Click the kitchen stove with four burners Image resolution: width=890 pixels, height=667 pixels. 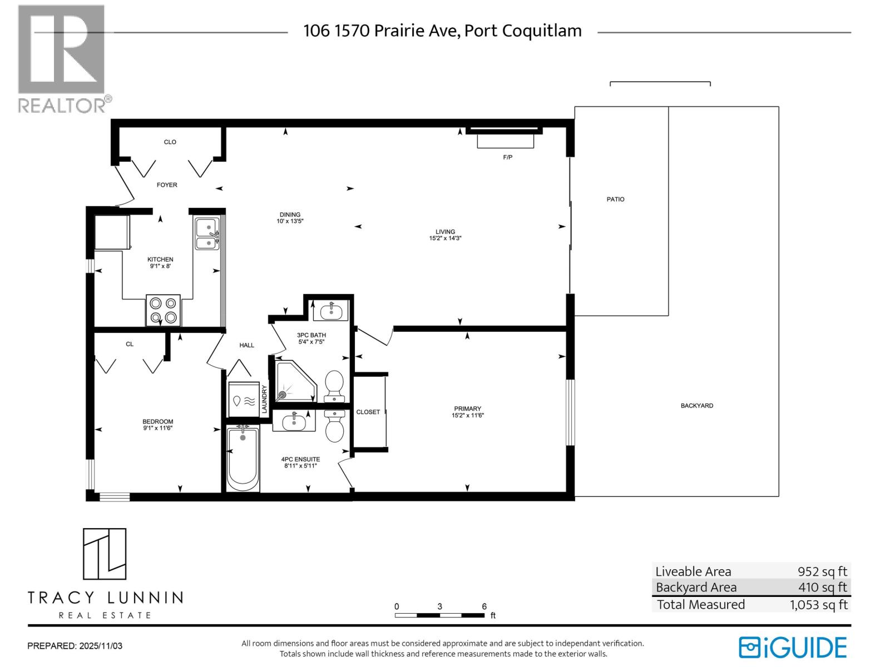pos(163,310)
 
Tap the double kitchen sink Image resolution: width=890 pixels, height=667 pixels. pos(207,234)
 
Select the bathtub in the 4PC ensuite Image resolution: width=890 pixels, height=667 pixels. pos(243,459)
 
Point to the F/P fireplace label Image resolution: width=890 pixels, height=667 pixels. pos(507,157)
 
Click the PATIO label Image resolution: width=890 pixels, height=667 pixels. pos(615,199)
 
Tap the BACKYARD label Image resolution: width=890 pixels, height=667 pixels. pos(696,406)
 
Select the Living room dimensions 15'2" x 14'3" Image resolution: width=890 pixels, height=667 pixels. pos(445,238)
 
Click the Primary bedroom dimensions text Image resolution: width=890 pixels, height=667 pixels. pos(467,415)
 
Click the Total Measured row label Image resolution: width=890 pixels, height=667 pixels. pos(700,604)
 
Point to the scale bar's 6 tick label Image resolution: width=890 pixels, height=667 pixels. pos(484,606)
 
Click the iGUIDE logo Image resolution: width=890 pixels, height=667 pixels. pos(793,648)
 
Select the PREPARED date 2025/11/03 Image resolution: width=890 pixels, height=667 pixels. pos(101,646)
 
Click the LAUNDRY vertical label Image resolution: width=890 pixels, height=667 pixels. pos(265,399)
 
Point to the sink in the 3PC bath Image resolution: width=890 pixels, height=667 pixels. pos(331,310)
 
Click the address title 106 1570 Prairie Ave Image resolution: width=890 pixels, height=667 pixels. pos(442,31)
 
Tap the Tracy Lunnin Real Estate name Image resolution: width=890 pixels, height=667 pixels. pos(105,598)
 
